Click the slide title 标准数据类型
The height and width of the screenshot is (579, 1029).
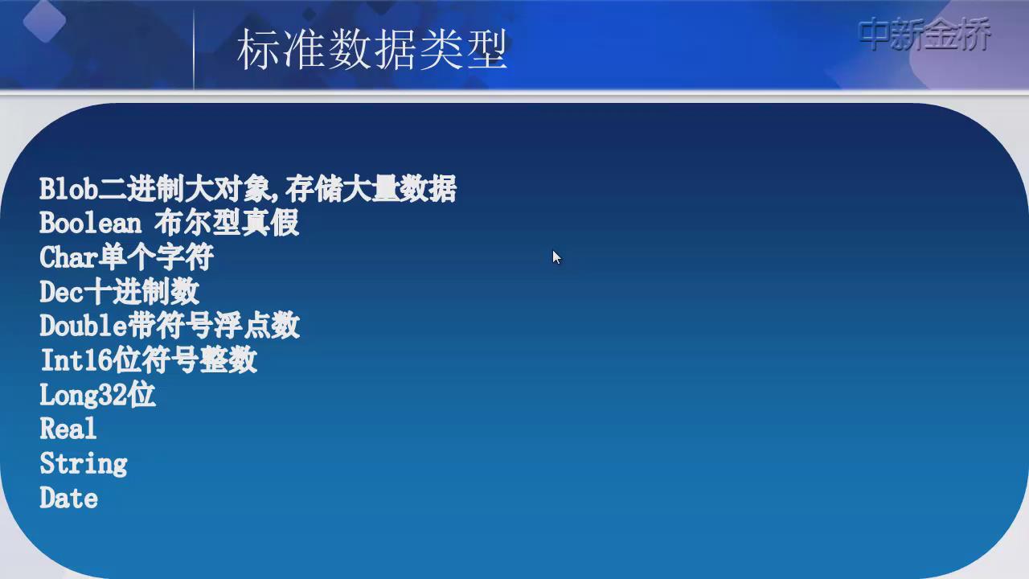tap(372, 49)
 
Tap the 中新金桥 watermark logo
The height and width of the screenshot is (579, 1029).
tap(924, 34)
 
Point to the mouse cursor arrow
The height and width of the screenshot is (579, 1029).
tap(557, 257)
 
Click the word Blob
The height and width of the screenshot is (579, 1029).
tap(69, 189)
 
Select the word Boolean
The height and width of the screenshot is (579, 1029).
tap(91, 224)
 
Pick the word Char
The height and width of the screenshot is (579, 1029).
tap(69, 257)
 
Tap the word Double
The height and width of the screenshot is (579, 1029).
tap(83, 326)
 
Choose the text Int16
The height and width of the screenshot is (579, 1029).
tap(76, 359)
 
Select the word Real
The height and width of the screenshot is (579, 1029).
tap(68, 429)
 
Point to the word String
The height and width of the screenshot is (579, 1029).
tap(84, 464)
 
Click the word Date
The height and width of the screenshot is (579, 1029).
tap(69, 498)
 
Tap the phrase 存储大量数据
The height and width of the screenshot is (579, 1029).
tap(371, 189)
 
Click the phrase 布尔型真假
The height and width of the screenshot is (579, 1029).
tap(227, 224)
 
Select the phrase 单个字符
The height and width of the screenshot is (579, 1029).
tap(156, 257)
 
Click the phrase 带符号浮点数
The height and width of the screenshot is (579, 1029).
tap(214, 326)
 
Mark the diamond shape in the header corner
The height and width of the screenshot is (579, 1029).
tap(44, 21)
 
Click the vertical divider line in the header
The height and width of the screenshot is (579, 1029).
tap(194, 48)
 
